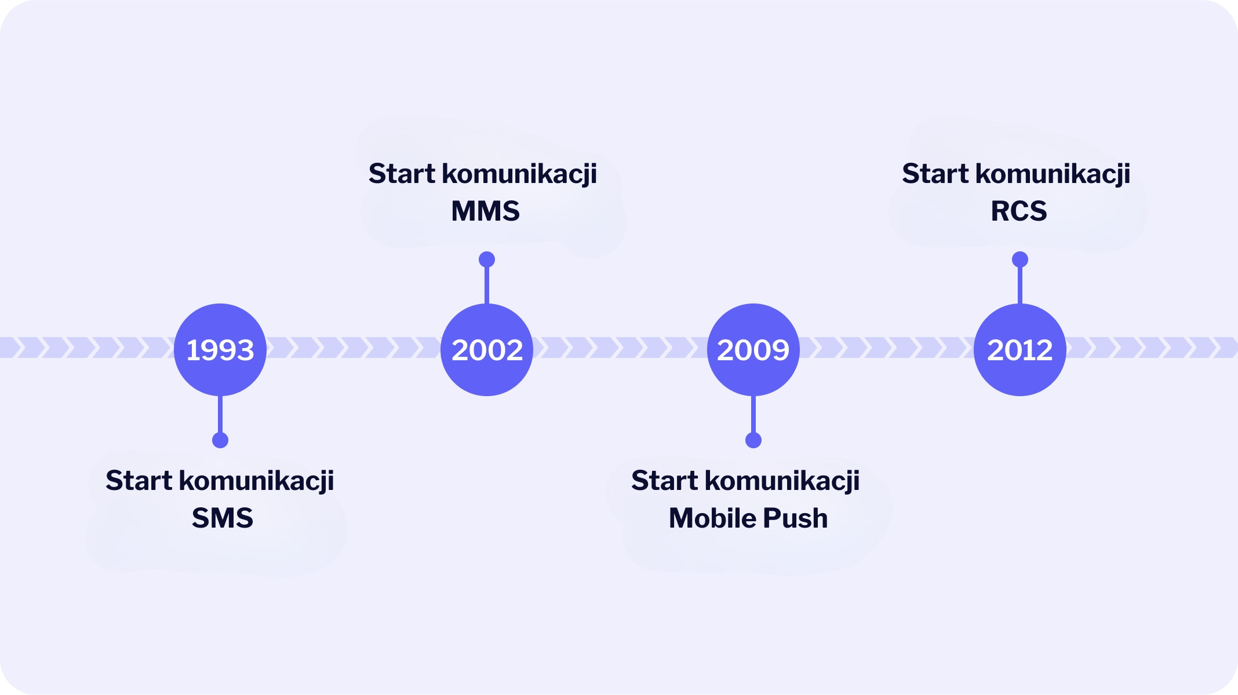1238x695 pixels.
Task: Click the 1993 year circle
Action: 220,350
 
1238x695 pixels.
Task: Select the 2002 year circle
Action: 487,350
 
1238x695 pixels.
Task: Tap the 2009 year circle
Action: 753,350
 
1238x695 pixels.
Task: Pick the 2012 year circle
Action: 1020,350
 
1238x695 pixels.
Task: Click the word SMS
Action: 223,518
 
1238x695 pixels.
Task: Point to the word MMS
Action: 486,211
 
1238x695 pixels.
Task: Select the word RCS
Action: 1019,211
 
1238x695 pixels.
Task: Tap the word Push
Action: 795,518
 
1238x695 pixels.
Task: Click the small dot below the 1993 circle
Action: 220,440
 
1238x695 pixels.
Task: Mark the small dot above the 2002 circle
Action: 487,259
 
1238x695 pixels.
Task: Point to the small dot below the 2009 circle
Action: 753,440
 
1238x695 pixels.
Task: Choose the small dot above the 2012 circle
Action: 1020,259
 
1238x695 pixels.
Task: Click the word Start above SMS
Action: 139,481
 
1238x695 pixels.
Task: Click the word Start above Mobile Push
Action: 665,481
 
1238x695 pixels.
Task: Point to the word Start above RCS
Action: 935,174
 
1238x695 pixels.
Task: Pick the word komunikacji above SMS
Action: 256,481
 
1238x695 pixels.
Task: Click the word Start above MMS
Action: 402,174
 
